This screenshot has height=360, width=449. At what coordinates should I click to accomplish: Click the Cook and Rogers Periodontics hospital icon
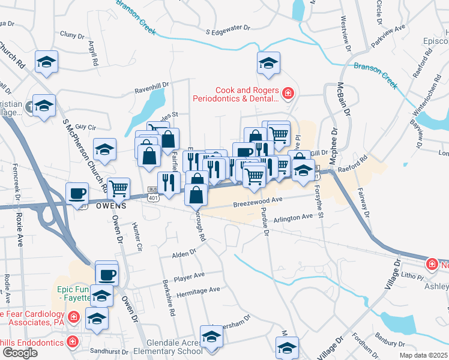(x=289, y=94)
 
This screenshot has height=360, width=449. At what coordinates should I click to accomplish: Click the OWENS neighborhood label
(x=109, y=205)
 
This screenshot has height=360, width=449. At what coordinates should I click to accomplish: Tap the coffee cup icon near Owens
(x=77, y=194)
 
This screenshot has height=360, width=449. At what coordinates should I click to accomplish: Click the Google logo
(x=20, y=353)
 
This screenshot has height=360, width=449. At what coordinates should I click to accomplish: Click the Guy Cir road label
(x=86, y=127)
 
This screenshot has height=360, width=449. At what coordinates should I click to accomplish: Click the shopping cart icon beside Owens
(x=119, y=188)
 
